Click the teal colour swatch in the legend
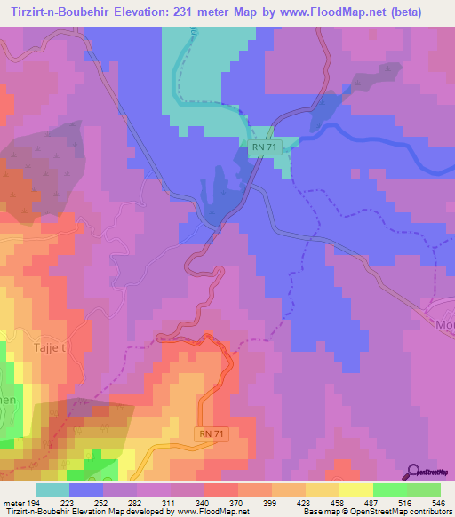pos(52,489)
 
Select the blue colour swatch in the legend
pos(86,489)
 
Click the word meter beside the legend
pos(13,503)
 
